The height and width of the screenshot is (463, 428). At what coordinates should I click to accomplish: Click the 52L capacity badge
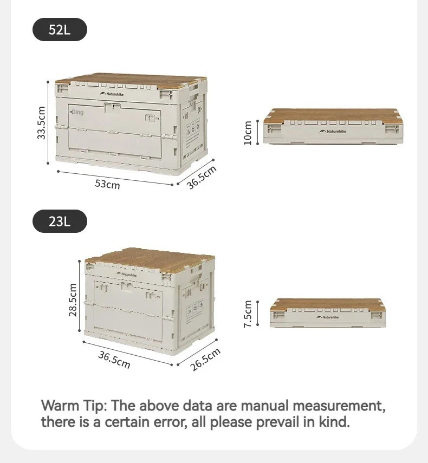click(60, 30)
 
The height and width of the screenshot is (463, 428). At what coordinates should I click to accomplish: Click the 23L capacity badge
click(60, 221)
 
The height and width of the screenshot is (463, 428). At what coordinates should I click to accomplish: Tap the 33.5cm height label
click(41, 122)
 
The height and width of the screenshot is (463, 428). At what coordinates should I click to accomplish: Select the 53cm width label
click(107, 184)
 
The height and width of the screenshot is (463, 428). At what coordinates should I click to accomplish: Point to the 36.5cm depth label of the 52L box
click(202, 177)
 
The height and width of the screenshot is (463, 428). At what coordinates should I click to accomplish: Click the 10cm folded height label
click(248, 133)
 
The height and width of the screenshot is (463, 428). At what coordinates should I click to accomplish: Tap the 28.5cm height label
click(73, 299)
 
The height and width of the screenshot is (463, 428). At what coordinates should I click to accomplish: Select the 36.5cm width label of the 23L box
click(114, 360)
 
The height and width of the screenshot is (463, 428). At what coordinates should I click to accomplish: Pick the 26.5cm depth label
click(205, 360)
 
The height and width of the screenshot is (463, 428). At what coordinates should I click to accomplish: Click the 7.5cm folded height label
click(248, 314)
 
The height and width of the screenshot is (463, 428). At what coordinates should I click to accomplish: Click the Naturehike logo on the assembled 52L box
click(112, 94)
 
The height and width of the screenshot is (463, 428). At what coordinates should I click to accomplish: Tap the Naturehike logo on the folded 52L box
click(333, 131)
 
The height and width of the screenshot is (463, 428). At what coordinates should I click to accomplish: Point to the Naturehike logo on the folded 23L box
click(328, 317)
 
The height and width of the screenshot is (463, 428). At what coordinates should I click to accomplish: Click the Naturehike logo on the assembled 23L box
click(126, 274)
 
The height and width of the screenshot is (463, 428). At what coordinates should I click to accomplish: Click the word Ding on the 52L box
click(77, 112)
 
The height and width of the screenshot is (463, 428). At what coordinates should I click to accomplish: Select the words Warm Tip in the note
click(73, 406)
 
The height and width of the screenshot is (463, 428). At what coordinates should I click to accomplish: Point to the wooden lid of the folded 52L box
click(333, 115)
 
